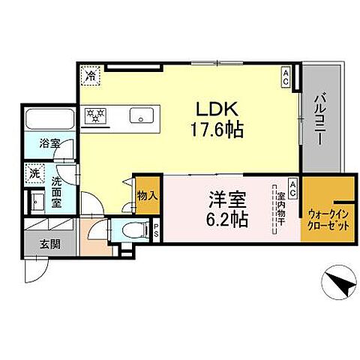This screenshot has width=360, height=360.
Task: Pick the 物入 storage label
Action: pyautogui.click(x=146, y=196)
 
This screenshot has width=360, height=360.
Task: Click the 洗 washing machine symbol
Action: pyautogui.click(x=34, y=172)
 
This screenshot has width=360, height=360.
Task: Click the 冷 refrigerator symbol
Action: pyautogui.click(x=91, y=76)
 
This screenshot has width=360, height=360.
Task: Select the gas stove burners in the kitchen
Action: pyautogui.click(x=95, y=115)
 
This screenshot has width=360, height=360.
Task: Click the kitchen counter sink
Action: pyautogui.click(x=140, y=115)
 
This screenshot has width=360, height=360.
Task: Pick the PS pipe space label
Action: pyautogui.click(x=156, y=230)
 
